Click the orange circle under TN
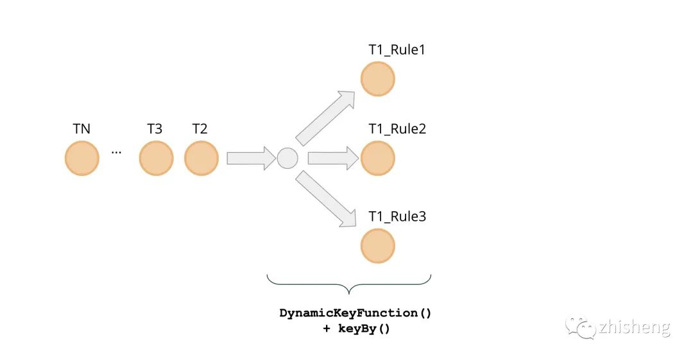point(82,159)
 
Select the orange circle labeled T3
point(157,159)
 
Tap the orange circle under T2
point(201,159)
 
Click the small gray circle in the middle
point(287,158)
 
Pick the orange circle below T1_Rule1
point(377,79)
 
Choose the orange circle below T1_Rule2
point(377,159)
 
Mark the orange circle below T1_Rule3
point(377,246)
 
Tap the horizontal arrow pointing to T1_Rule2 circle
point(332,158)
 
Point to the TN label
point(81,129)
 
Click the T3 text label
point(155,129)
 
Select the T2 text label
point(200,129)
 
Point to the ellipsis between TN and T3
point(117,153)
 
